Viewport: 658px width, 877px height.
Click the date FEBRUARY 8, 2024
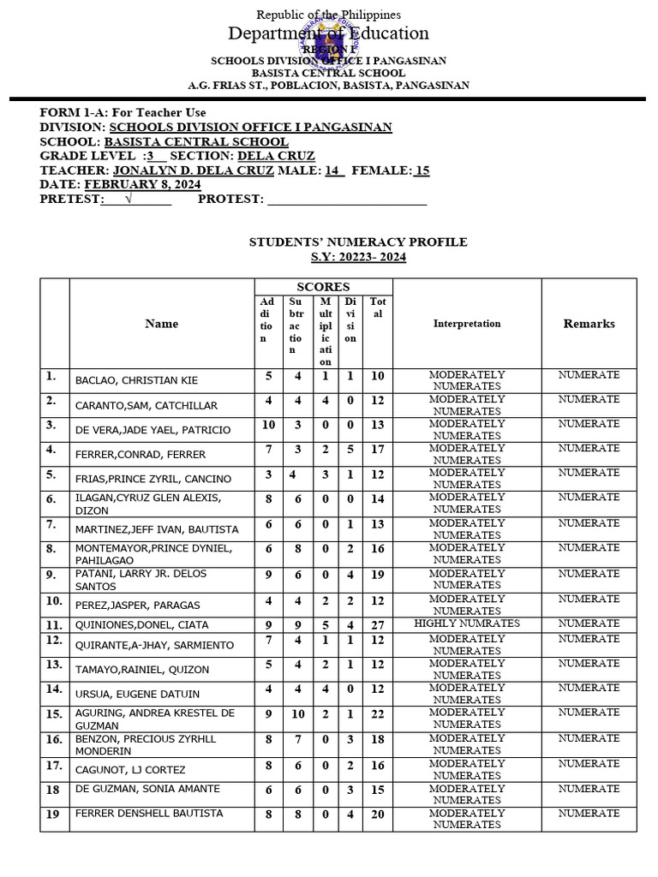point(142,184)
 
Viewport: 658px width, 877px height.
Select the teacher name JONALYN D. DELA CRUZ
point(194,170)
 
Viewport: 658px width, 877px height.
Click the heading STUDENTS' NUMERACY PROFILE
point(358,242)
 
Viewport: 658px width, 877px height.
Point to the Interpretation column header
point(467,324)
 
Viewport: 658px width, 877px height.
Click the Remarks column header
point(589,324)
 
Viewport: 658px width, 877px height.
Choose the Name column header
point(162,324)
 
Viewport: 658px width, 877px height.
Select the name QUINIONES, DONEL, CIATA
point(141,625)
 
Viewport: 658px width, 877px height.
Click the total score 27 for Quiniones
point(377,625)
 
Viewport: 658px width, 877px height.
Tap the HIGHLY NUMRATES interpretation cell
point(467,623)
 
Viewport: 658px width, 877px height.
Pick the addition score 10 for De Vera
point(268,426)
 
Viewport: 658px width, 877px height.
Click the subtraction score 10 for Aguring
point(296,714)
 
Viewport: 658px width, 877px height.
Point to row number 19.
point(53,814)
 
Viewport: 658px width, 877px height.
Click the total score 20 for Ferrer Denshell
point(377,814)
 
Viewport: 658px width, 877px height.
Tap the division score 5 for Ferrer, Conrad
point(350,450)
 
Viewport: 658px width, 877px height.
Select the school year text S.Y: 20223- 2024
point(358,257)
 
